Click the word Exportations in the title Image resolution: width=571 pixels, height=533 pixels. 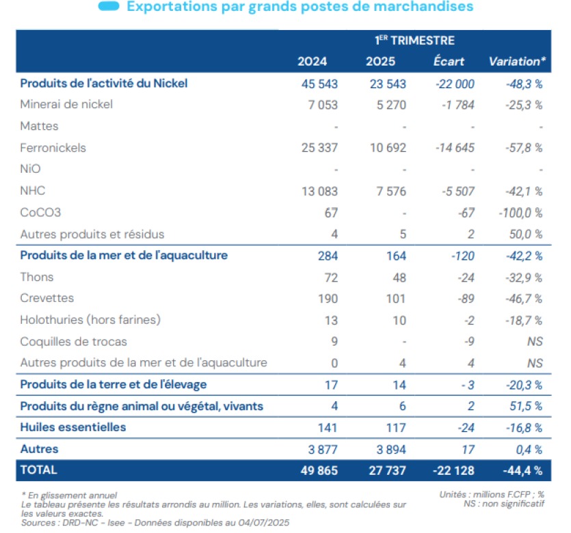[169, 7]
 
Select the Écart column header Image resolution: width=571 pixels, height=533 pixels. [449, 61]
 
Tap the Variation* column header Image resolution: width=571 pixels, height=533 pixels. [517, 61]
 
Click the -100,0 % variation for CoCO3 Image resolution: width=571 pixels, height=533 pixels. [521, 213]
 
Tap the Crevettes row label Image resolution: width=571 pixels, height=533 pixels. [47, 299]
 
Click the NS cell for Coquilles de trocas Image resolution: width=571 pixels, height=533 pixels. [535, 341]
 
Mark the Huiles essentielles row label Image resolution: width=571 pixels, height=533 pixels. [73, 428]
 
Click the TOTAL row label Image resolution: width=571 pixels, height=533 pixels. [39, 470]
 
